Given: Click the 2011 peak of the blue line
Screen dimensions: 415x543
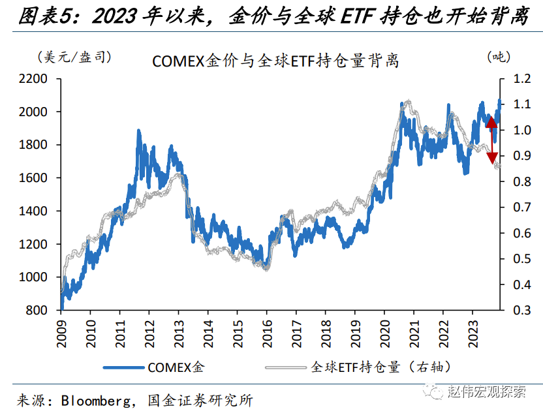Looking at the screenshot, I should click(x=138, y=132).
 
